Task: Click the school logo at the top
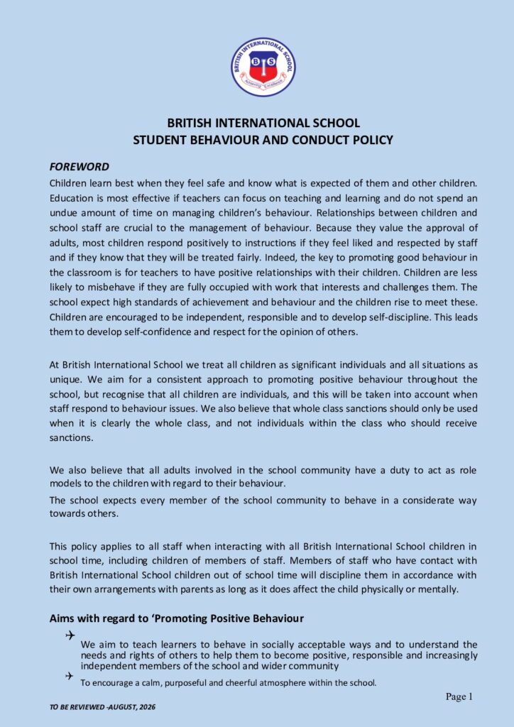pos(263,67)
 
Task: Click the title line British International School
pos(263,123)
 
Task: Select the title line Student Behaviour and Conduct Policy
pos(263,140)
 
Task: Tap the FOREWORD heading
pos(79,168)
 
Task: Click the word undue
pos(63,214)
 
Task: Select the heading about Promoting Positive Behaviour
pos(177,618)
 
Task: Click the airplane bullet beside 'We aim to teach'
pos(70,635)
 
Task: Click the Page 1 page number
pos(459,697)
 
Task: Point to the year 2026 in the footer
pos(147,708)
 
